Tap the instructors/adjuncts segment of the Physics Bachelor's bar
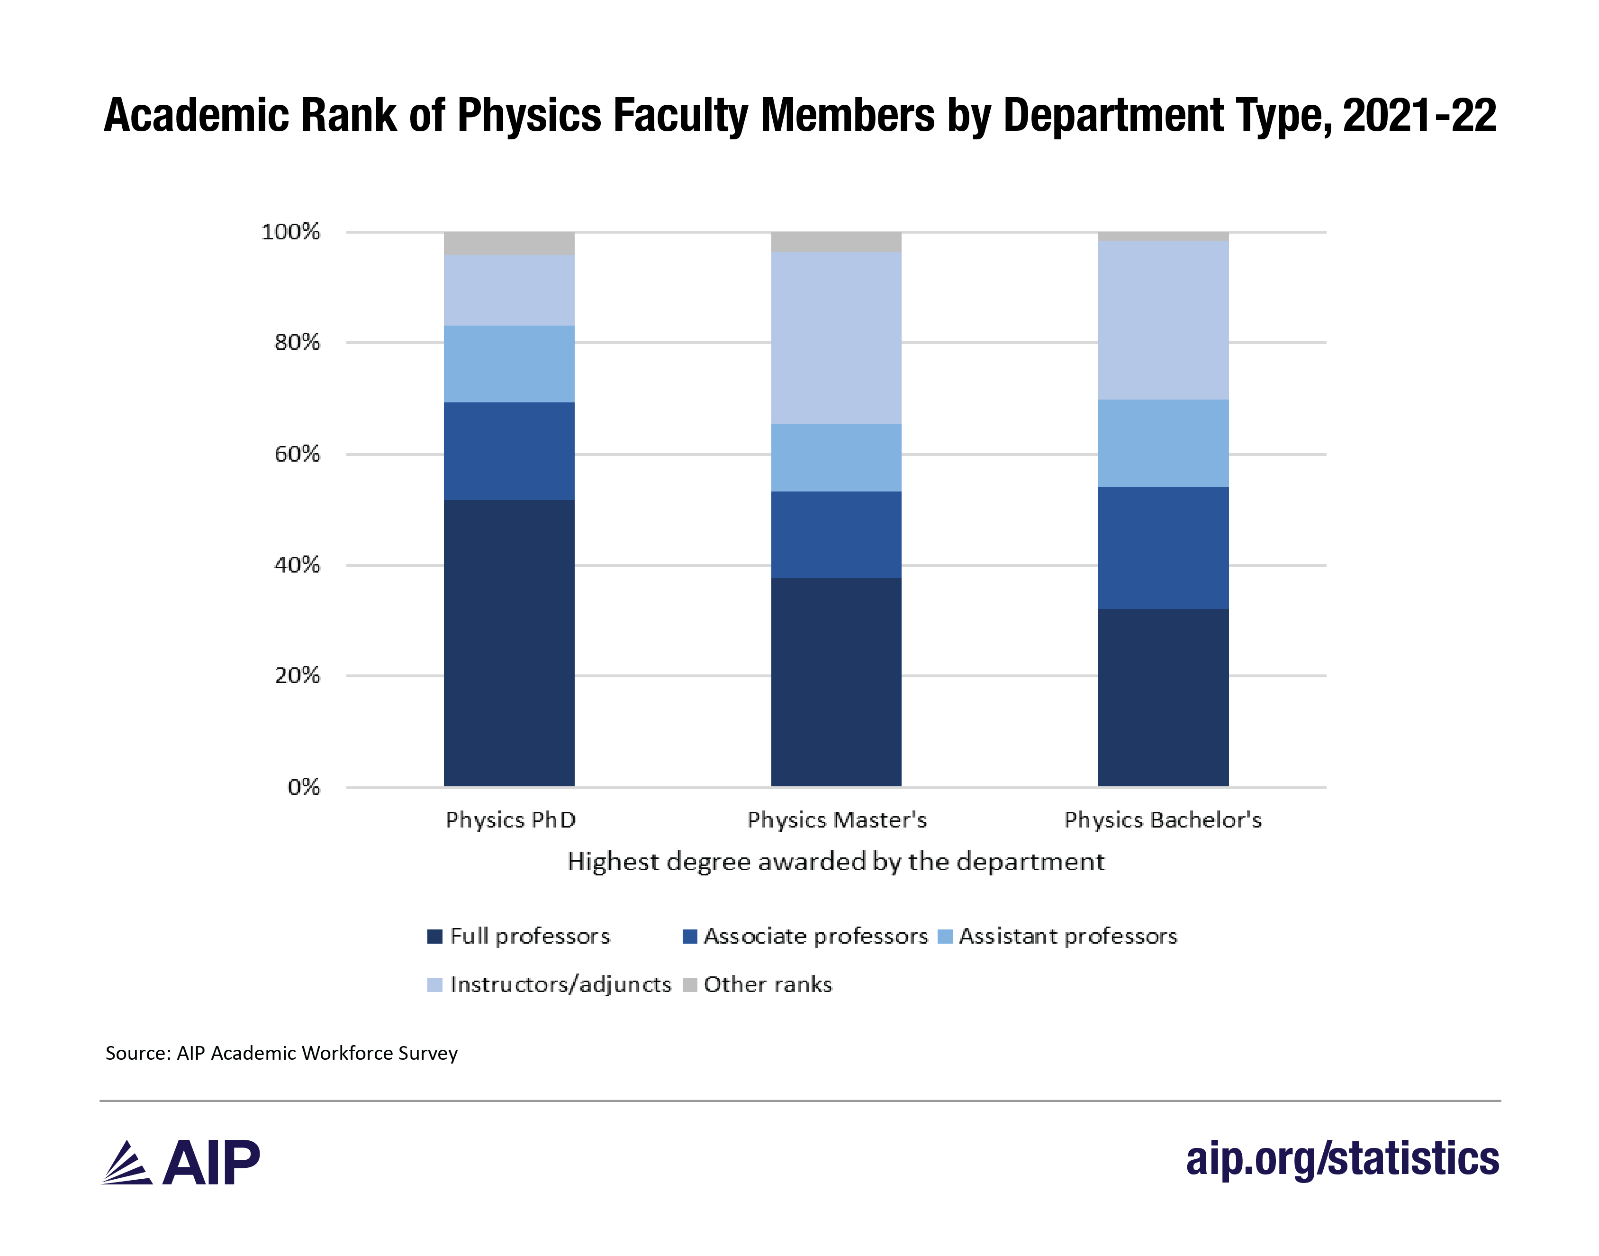(1163, 320)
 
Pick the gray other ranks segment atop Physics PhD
(509, 244)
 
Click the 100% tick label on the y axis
(291, 232)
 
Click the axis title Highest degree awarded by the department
(836, 861)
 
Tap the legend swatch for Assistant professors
(946, 936)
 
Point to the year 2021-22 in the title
(1419, 116)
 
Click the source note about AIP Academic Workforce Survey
(281, 1053)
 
